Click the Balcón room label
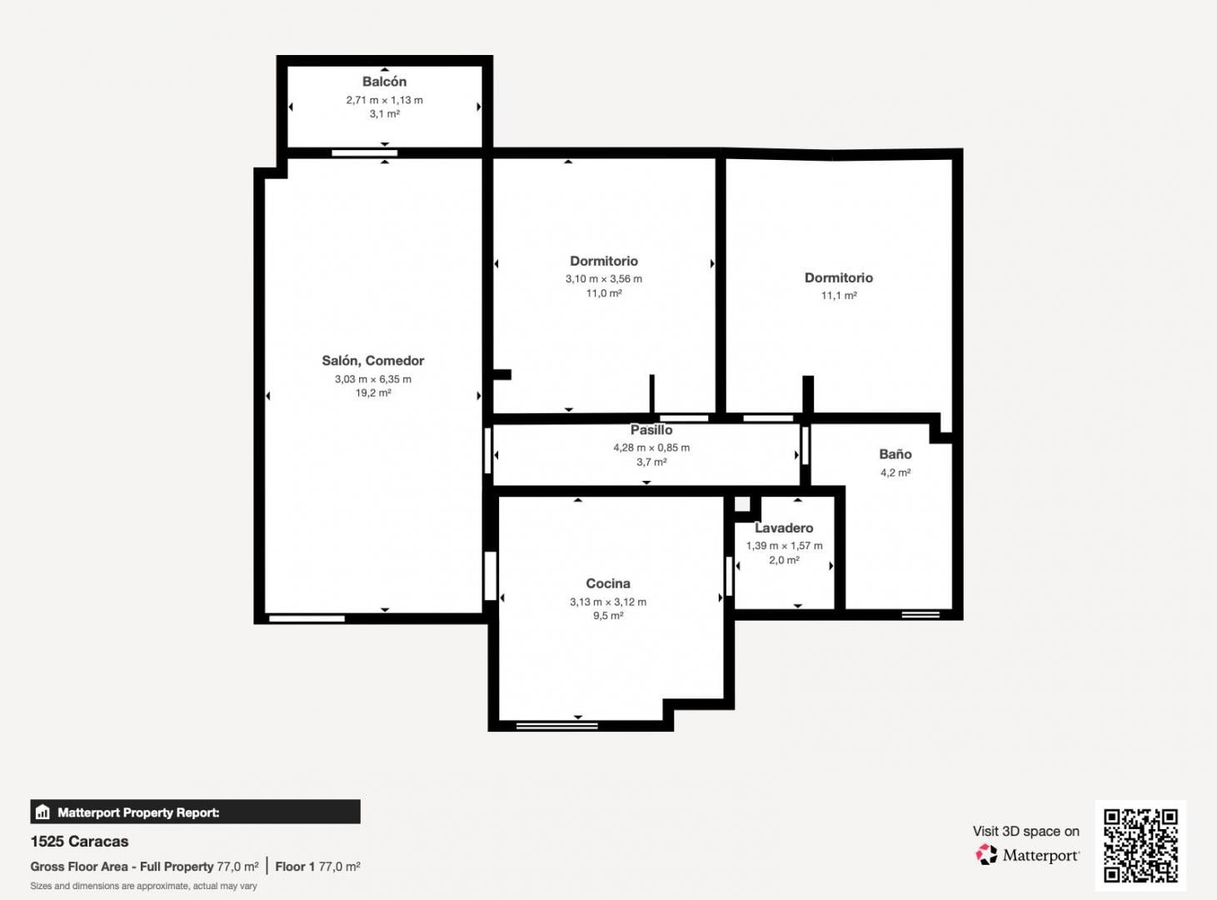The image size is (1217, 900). (x=384, y=82)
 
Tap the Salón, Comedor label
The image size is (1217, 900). (x=372, y=361)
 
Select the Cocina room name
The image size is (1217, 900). (x=608, y=583)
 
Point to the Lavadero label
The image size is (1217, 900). (x=784, y=527)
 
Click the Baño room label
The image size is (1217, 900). (x=895, y=454)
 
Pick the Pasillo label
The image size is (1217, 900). (x=651, y=430)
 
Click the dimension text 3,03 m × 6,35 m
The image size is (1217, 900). (x=373, y=379)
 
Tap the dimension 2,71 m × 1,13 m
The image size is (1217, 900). (x=384, y=100)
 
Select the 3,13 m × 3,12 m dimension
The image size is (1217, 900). (x=608, y=602)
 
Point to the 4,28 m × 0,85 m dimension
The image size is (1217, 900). (x=651, y=447)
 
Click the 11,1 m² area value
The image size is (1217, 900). (x=838, y=296)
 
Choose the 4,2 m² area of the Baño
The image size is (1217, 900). (x=895, y=472)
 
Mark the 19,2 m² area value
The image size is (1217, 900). (x=373, y=393)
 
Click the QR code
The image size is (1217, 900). (x=1140, y=846)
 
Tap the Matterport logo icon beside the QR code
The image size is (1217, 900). (x=986, y=854)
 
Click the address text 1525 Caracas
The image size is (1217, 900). (x=80, y=841)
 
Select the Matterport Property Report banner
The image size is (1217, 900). (x=195, y=812)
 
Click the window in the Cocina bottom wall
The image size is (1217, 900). (x=557, y=726)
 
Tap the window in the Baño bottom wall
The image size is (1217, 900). (x=920, y=614)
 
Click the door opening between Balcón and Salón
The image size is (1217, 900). (x=364, y=153)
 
